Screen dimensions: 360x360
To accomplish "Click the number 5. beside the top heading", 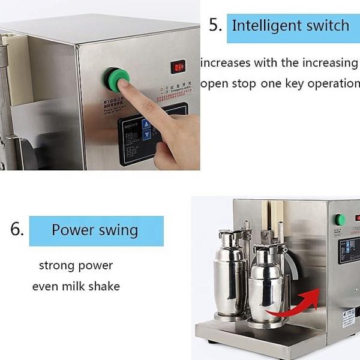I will click(215, 25).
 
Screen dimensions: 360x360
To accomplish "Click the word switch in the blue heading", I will click(326, 26).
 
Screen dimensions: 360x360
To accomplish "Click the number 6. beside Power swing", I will click(17, 230).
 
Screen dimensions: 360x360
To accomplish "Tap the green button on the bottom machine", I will click(340, 220).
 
